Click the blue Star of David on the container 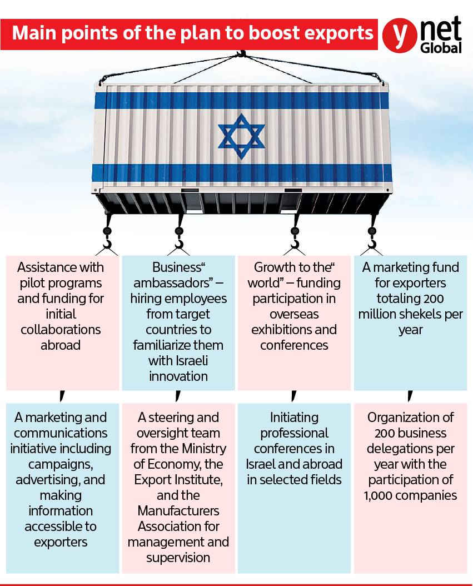[x=241, y=136]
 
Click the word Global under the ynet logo [x=441, y=48]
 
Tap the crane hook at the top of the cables [x=241, y=54]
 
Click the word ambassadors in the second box [x=175, y=282]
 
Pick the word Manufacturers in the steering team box [x=178, y=510]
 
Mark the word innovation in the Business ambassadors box [x=178, y=376]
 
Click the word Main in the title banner [x=29, y=33]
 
